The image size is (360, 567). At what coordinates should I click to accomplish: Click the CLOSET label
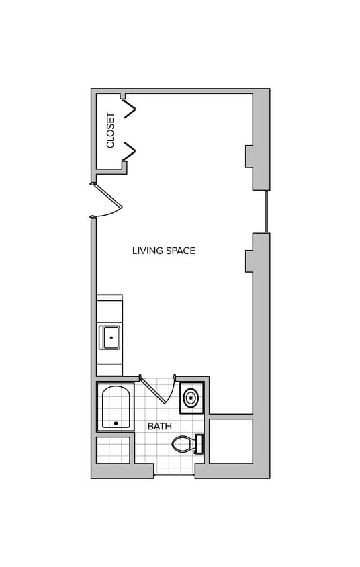111,130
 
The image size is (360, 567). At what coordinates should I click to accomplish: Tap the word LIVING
145,251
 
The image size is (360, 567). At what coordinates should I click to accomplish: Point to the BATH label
159,426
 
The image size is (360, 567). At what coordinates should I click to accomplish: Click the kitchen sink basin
109,337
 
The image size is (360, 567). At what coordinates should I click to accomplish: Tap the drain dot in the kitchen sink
111,337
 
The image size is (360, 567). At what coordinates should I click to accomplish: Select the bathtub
116,406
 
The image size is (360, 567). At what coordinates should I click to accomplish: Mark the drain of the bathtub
116,423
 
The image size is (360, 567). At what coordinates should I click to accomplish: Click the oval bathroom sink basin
191,398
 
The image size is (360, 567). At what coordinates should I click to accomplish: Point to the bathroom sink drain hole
191,398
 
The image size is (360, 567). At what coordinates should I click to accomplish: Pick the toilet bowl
182,444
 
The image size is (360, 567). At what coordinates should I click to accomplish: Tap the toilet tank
199,444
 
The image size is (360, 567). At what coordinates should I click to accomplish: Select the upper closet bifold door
129,108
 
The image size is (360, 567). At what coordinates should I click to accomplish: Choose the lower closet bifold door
129,152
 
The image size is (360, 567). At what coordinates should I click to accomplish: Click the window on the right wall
267,212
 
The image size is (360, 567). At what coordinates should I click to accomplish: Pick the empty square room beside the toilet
230,441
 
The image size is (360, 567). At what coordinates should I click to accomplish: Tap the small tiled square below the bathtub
112,450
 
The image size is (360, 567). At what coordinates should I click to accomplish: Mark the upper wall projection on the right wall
249,156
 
